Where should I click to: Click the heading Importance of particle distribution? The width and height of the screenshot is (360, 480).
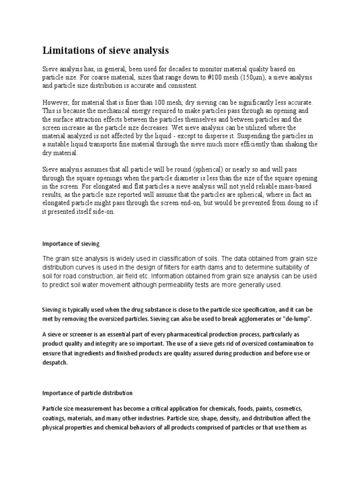coord(88,393)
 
